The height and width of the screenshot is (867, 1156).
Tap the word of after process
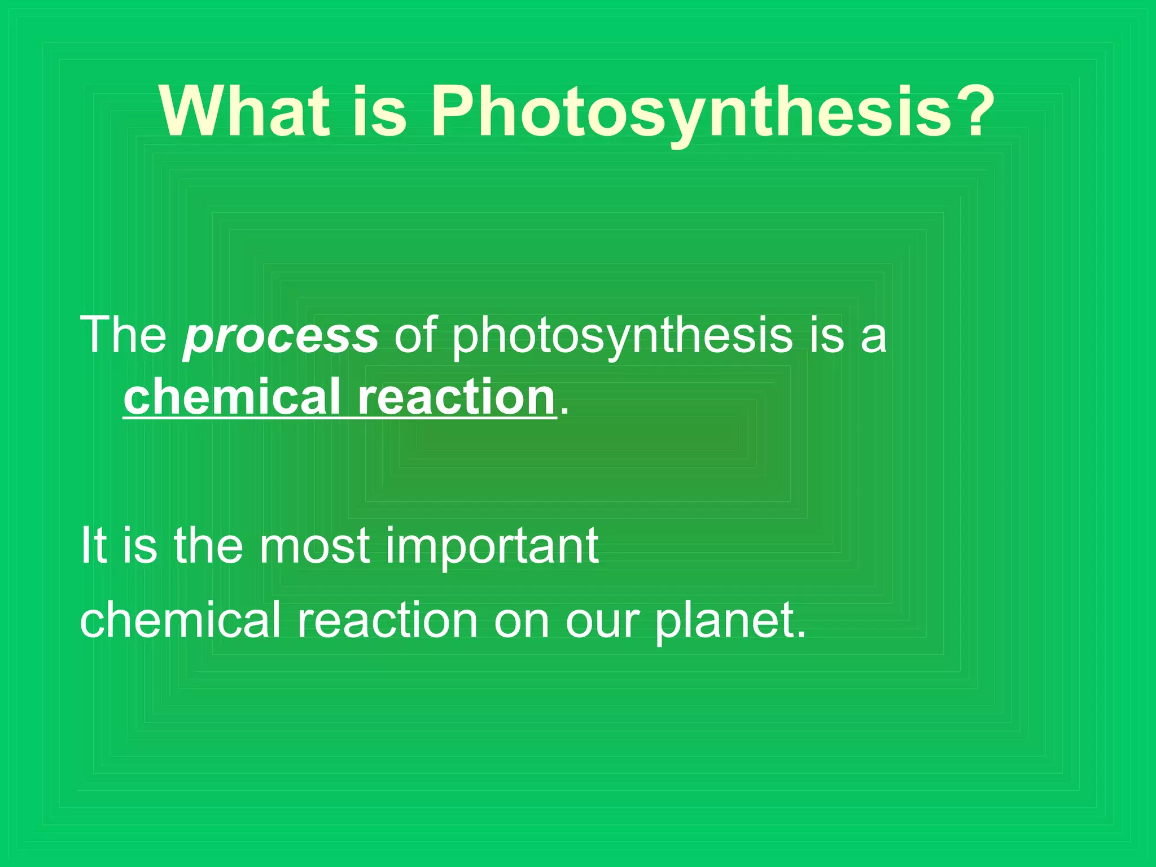pyautogui.click(x=415, y=335)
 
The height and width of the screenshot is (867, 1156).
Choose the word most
pyautogui.click(x=314, y=546)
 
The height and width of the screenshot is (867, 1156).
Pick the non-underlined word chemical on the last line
pyautogui.click(x=180, y=620)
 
